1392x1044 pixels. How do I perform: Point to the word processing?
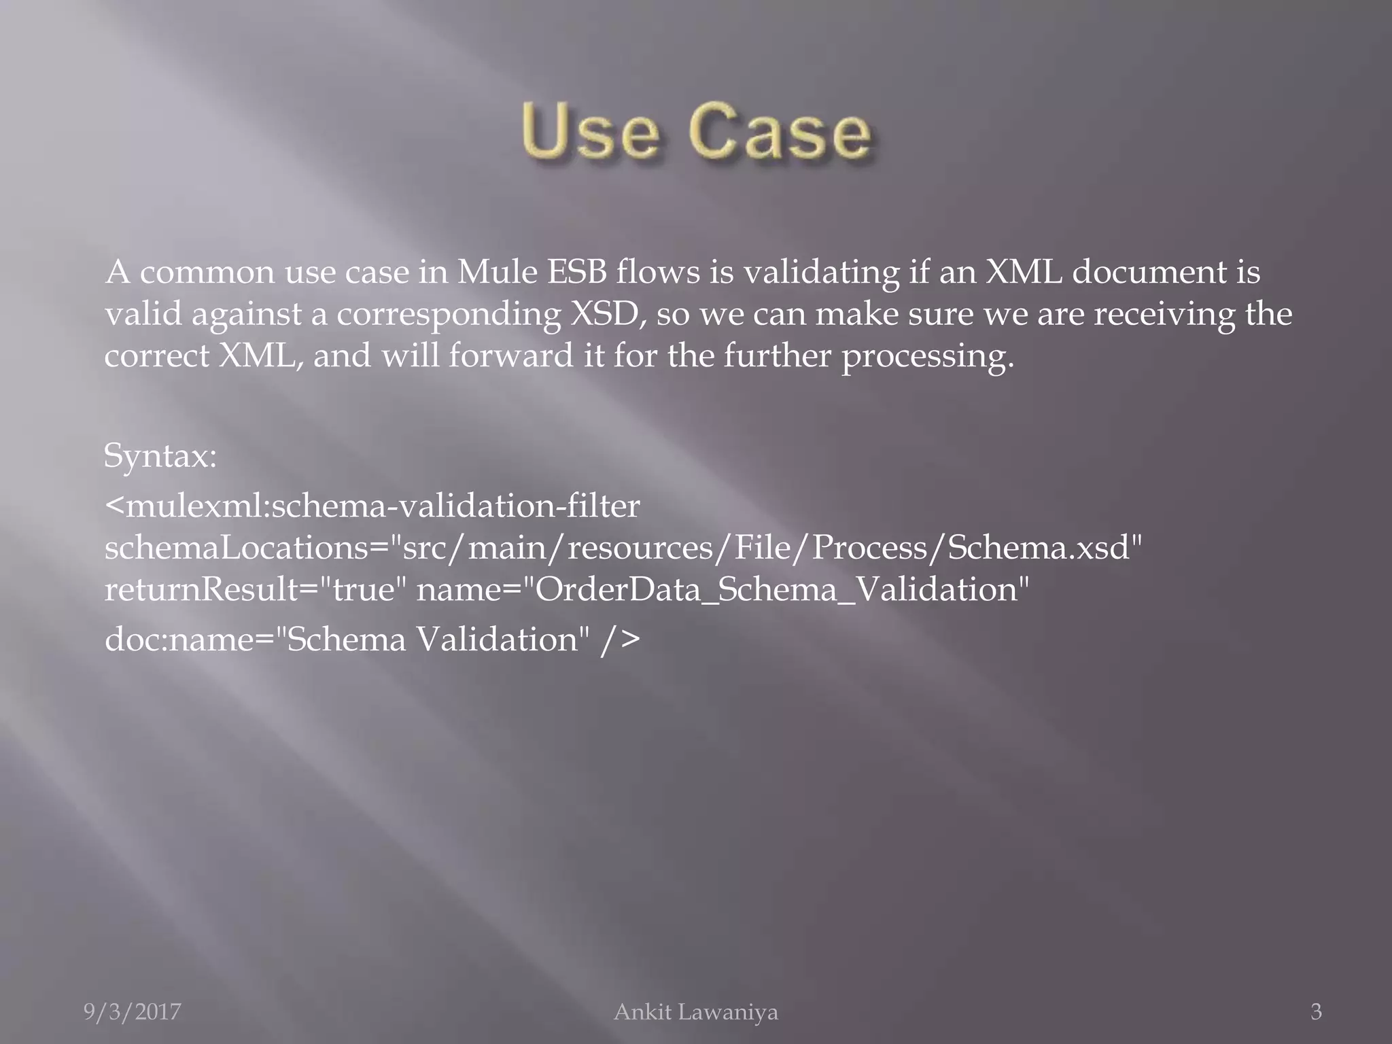tap(927, 357)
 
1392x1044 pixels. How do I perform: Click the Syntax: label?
tap(160, 456)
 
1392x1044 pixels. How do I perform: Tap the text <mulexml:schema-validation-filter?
tap(372, 506)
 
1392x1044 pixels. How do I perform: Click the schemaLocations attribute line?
tap(623, 548)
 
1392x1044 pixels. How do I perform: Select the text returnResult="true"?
tap(250, 589)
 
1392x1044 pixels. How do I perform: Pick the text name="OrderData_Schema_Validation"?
tap(723, 589)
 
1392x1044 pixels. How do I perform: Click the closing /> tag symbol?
tap(621, 640)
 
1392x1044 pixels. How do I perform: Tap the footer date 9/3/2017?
tap(133, 1012)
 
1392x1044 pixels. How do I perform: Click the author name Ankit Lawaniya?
tap(695, 1012)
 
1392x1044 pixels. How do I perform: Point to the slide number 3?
tap(1316, 1012)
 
